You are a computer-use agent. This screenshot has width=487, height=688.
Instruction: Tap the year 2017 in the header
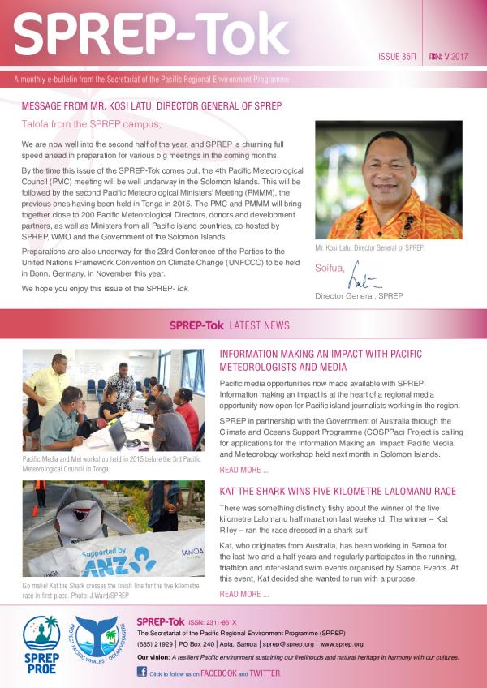460,58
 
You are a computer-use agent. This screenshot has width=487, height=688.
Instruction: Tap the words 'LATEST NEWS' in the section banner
260,325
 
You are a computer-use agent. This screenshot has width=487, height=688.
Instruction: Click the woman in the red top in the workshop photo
187,409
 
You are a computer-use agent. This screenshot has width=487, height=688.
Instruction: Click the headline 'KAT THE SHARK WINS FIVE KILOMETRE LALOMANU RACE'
338,492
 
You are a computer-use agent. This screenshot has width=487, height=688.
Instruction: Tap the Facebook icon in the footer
141,672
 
